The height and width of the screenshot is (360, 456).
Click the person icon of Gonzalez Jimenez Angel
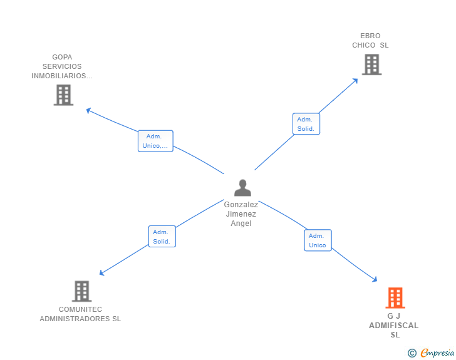click(x=242, y=188)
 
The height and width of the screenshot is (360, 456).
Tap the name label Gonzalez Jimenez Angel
click(x=241, y=214)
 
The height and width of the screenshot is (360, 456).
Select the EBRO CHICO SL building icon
click(x=371, y=64)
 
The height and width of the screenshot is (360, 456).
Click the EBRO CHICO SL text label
click(x=370, y=41)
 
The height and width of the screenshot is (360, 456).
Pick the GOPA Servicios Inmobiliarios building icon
click(x=63, y=95)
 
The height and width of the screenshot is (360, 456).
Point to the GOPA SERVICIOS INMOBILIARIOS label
click(x=62, y=66)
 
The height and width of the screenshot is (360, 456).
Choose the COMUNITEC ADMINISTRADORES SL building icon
click(x=81, y=291)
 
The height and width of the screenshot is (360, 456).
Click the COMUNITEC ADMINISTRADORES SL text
click(x=80, y=314)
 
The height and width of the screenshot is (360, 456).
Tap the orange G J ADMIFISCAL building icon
click(x=395, y=298)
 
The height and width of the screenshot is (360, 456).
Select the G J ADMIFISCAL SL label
click(x=394, y=326)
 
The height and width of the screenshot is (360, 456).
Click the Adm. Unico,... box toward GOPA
click(x=155, y=141)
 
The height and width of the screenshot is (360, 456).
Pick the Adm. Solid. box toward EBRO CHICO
click(x=306, y=124)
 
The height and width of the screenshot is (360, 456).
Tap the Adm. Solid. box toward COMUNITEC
click(x=162, y=237)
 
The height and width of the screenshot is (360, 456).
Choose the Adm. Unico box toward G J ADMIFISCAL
click(x=318, y=240)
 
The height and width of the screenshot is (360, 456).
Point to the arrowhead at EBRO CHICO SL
click(x=355, y=80)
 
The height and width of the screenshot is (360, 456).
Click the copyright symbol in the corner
click(x=412, y=353)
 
